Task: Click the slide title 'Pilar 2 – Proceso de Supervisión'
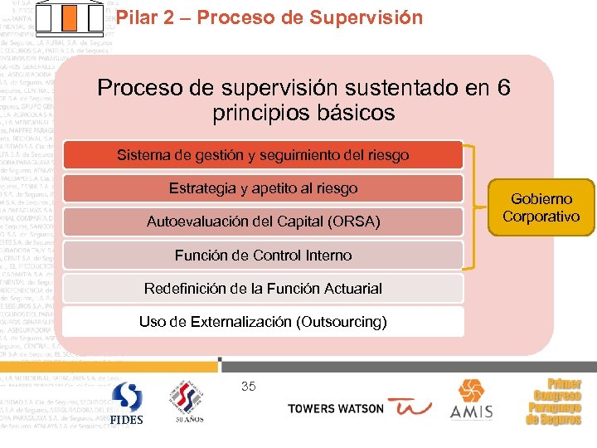[269, 17]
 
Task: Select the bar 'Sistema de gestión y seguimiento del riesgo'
[263, 155]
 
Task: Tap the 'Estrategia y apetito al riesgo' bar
[263, 188]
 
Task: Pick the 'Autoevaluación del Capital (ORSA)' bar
[263, 222]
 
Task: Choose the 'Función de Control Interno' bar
[263, 255]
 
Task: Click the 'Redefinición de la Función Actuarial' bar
[263, 289]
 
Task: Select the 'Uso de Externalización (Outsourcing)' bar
[263, 322]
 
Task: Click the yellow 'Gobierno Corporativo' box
[541, 207]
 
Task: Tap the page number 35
[248, 386]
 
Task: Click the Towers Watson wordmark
[335, 409]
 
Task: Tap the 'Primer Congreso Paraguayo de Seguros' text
[553, 402]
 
